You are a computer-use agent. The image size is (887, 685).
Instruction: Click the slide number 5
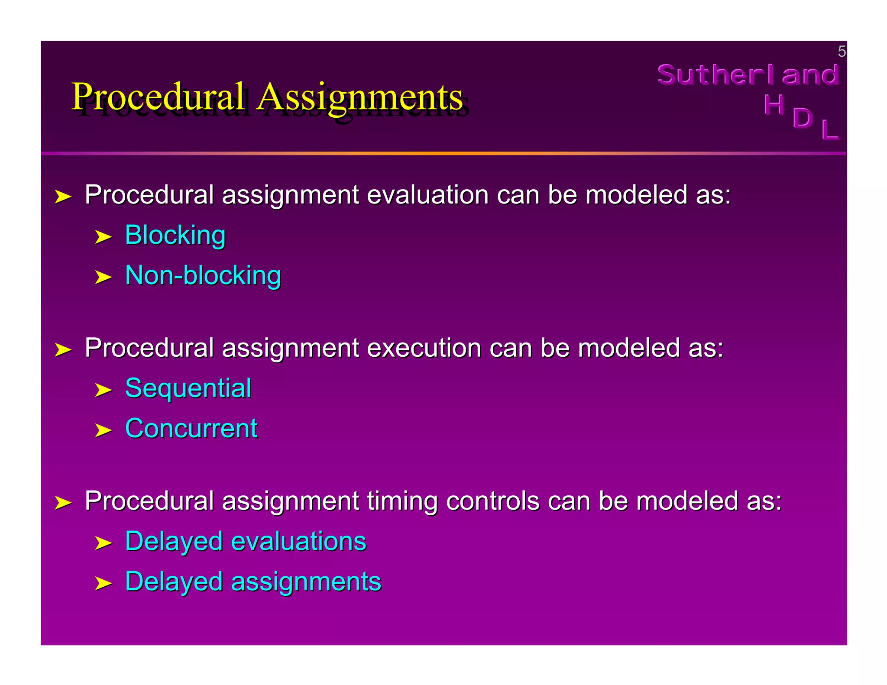point(841,52)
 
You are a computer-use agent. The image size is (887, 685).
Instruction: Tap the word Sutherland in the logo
point(748,74)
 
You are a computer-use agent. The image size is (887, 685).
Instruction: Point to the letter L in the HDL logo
point(829,129)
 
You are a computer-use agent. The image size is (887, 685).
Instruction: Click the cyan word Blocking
point(175,236)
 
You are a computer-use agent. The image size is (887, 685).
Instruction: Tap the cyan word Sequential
point(188,388)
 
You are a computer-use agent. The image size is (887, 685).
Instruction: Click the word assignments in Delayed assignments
point(306,582)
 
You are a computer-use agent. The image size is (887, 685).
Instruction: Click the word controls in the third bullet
point(492,501)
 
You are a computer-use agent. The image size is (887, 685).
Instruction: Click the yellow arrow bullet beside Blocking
point(103,237)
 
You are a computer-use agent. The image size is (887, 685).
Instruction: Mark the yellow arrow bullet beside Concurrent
point(103,430)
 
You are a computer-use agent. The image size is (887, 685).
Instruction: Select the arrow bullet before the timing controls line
point(63,503)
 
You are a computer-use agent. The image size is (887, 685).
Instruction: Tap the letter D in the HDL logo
point(802,117)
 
